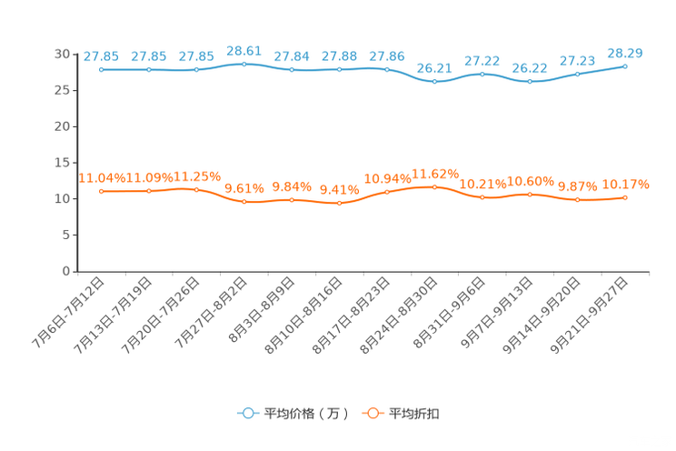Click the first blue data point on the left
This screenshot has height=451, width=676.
(x=102, y=69)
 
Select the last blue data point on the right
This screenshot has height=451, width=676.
(x=625, y=65)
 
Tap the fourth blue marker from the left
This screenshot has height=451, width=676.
(x=244, y=63)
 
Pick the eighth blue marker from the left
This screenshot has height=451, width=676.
(x=435, y=82)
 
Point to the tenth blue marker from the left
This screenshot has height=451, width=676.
(x=530, y=82)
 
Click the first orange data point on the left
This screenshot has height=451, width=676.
(x=102, y=191)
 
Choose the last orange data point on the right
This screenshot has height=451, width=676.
(x=625, y=197)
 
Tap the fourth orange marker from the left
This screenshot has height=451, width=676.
(x=244, y=202)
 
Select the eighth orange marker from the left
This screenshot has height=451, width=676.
(x=435, y=186)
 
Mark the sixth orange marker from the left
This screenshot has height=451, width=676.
(x=340, y=203)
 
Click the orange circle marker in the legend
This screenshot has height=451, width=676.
(x=372, y=413)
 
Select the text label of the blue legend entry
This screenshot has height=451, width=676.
(x=305, y=414)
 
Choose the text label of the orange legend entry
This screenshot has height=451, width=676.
(x=415, y=414)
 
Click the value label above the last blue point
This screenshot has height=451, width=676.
(x=625, y=53)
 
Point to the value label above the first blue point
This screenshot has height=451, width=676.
(x=102, y=56)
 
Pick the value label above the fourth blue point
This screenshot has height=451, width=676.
(x=244, y=50)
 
